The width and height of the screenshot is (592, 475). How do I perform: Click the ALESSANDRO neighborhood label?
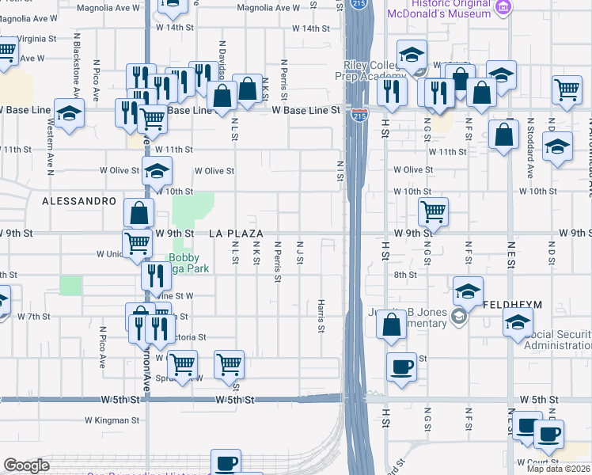[x=79, y=201]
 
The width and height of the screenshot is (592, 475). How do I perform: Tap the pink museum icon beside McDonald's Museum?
[x=502, y=7]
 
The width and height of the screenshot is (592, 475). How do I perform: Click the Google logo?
[x=27, y=465]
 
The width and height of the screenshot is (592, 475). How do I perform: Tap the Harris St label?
[x=321, y=316]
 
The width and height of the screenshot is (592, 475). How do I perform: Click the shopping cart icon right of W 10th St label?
[x=433, y=211]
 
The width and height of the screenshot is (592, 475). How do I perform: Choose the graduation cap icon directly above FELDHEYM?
[x=469, y=290]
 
